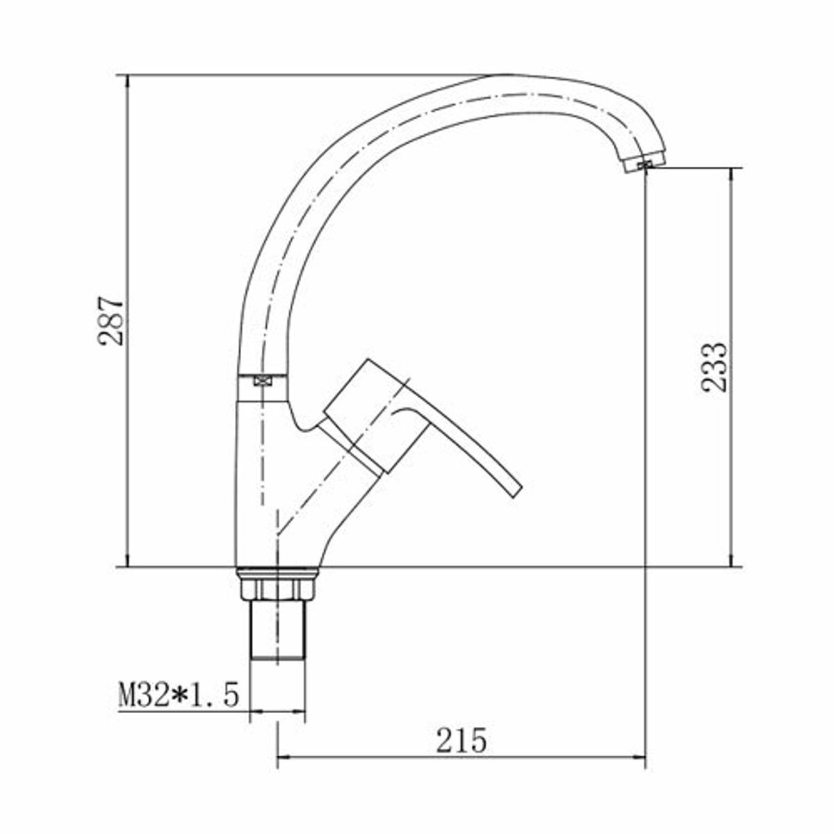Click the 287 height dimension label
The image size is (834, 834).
111,320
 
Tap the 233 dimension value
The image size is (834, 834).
714,368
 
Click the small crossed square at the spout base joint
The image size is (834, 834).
262,380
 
